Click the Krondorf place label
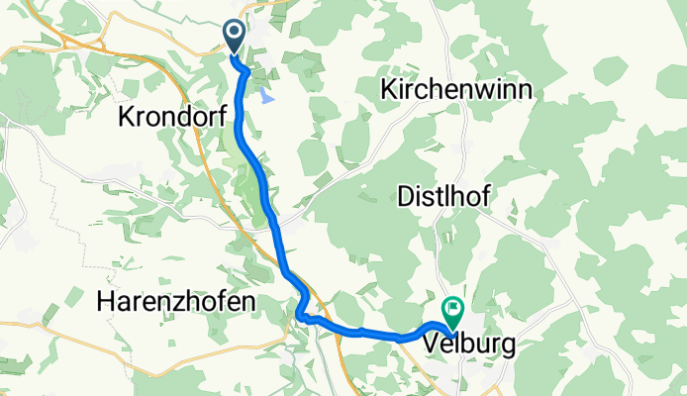[172, 117]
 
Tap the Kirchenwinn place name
[456, 89]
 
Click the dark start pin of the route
[235, 37]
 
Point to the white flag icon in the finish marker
[453, 310]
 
